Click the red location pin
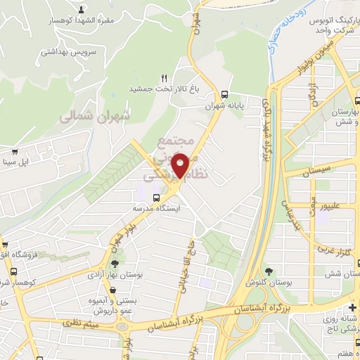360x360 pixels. point(181,165)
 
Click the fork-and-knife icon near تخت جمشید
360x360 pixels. point(165,78)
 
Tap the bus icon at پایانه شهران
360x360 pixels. point(224,94)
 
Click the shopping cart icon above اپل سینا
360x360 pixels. point(14,151)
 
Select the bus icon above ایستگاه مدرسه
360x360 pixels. point(155,198)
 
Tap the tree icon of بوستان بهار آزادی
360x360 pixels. point(115,264)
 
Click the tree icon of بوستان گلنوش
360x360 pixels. point(268,271)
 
